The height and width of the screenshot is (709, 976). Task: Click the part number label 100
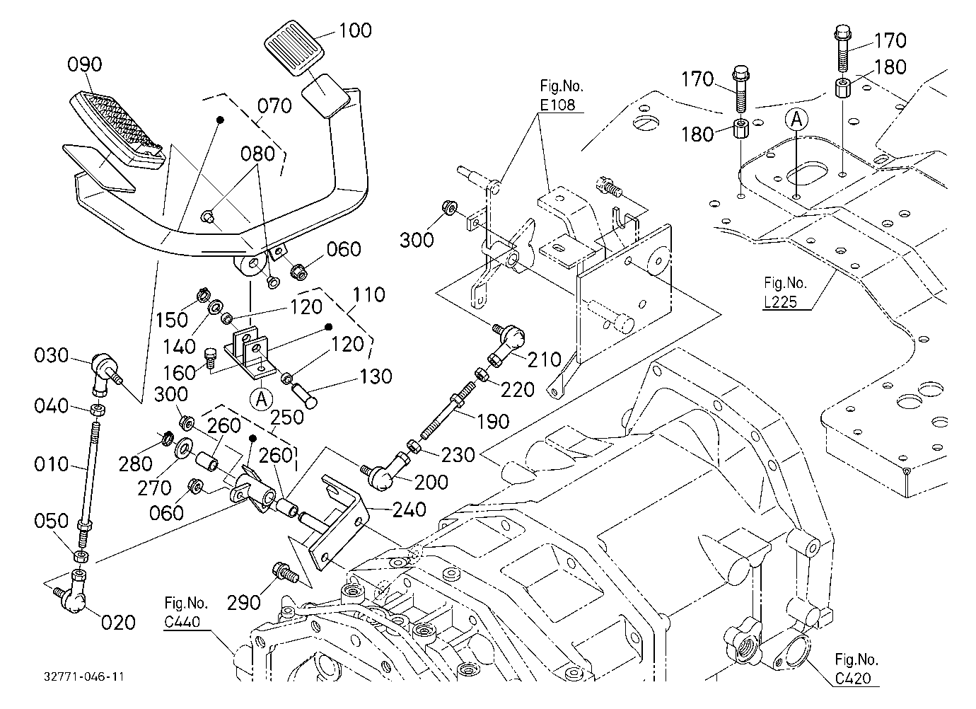[355, 30]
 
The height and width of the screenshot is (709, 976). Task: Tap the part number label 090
[85, 64]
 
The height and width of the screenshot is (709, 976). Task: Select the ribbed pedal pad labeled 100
[294, 47]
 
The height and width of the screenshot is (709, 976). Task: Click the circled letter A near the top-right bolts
[796, 119]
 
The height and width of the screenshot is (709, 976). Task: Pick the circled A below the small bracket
[262, 399]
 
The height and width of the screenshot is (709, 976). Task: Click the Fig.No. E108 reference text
[562, 96]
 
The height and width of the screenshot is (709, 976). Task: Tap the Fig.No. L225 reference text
[785, 292]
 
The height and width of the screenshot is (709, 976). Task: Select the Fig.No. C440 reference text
[186, 612]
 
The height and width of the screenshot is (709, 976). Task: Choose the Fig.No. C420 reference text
[856, 669]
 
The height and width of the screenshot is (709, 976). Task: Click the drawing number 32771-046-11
[83, 676]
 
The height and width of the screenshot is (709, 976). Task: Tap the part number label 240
[409, 509]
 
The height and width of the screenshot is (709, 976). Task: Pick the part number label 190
[492, 421]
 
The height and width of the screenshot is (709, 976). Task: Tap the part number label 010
[52, 463]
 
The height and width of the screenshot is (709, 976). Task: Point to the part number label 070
[274, 106]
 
